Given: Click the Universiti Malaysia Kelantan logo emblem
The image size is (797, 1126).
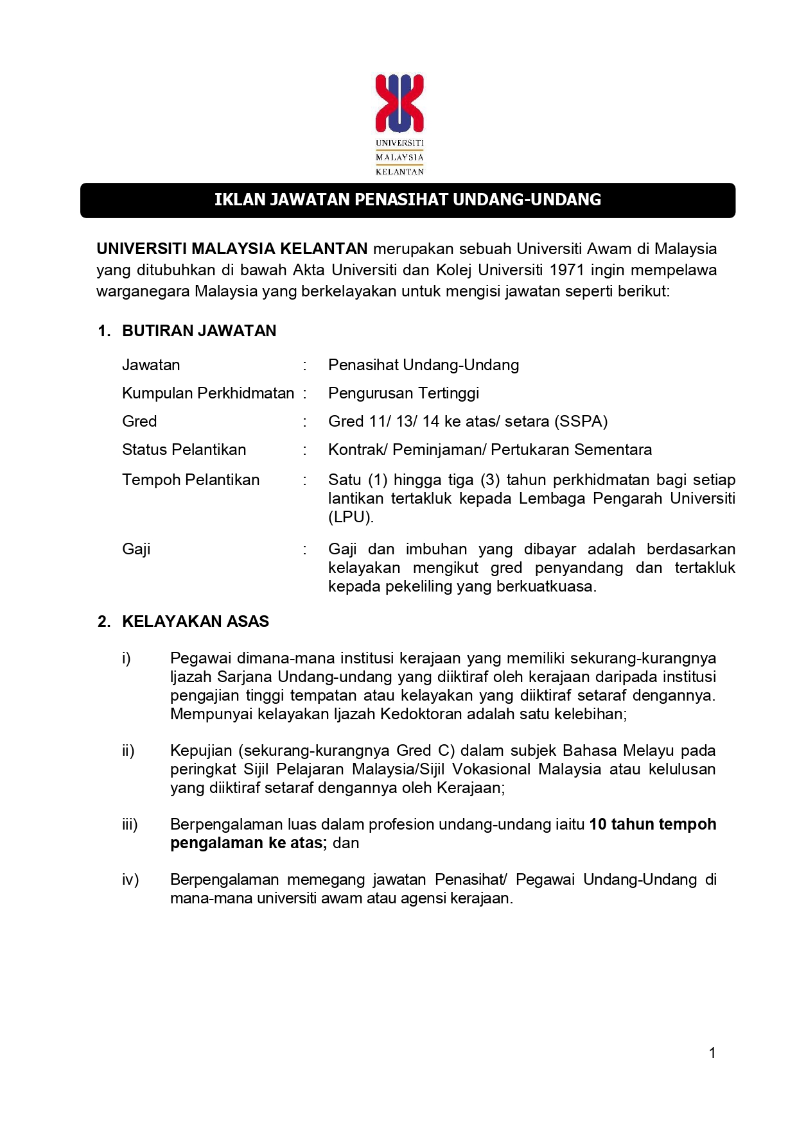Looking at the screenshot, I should click(399, 103).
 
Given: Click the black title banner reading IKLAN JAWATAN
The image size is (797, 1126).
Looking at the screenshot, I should click(407, 200).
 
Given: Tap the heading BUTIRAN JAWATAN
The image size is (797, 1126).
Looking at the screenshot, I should click(199, 331).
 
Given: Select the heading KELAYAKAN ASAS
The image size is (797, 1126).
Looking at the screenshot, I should click(195, 622).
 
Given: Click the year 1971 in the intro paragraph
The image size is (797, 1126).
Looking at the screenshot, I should click(566, 270).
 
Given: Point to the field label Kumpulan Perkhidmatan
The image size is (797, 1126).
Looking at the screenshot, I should click(208, 393).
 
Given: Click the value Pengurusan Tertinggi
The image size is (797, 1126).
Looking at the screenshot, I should click(403, 393).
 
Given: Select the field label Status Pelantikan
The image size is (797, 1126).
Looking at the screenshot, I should click(184, 450).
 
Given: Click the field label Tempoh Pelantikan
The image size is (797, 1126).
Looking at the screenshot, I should click(191, 480).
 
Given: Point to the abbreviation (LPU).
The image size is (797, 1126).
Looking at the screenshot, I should click(351, 517).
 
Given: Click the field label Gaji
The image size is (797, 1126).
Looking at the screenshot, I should click(136, 549).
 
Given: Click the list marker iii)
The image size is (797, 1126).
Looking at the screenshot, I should click(130, 824).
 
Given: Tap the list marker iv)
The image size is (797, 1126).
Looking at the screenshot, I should click(130, 880).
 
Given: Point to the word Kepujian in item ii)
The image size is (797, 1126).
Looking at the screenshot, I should click(200, 751).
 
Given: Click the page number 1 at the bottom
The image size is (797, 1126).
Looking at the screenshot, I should click(712, 1053).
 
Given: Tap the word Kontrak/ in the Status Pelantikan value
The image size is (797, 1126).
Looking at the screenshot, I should click(358, 450).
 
